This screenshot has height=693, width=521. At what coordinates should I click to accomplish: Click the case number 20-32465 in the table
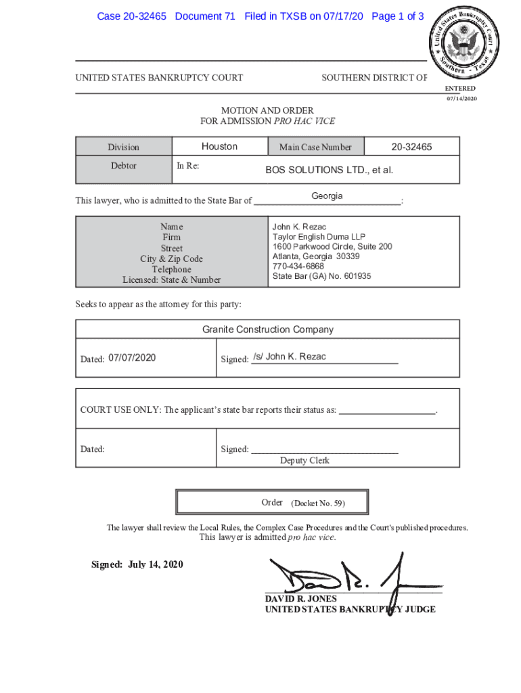411,147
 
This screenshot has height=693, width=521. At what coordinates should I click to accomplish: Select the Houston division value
219,146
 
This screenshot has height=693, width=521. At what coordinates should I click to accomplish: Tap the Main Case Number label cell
315,147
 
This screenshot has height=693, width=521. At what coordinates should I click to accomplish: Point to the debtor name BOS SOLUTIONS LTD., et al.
329,170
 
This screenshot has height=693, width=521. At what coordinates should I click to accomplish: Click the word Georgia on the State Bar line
327,196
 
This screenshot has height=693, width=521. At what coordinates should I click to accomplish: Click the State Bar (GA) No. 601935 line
321,276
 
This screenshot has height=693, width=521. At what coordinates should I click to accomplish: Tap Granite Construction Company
267,330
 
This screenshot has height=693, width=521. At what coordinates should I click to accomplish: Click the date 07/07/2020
132,357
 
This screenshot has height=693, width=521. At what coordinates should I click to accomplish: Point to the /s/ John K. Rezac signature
289,357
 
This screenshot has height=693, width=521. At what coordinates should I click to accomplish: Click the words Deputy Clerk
304,460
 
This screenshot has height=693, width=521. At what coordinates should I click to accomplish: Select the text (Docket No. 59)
318,504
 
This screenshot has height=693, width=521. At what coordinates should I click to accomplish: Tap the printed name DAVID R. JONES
300,599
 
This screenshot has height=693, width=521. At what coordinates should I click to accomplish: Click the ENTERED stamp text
460,89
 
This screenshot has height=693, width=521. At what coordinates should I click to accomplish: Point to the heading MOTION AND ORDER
267,110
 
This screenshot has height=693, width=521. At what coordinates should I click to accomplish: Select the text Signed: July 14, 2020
137,564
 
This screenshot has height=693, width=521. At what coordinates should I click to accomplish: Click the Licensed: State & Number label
171,280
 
